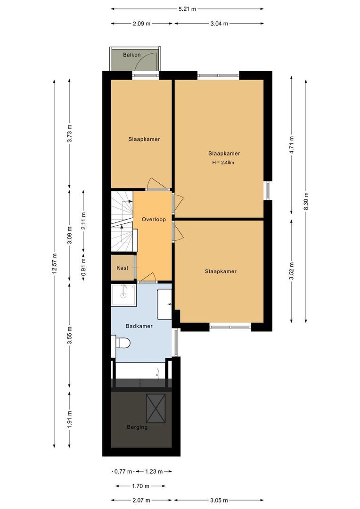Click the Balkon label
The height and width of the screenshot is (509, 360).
click(132, 55)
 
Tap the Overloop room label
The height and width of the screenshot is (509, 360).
click(154, 220)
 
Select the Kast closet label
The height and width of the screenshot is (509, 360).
click(123, 268)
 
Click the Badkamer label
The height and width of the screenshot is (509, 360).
click(139, 326)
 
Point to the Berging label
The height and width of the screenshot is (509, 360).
click(137, 427)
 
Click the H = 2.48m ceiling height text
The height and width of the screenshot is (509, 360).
click(223, 163)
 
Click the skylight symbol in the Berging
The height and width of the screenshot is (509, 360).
click(155, 408)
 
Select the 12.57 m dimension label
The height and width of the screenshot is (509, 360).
click(55, 264)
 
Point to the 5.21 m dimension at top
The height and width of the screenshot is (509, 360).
click(188, 8)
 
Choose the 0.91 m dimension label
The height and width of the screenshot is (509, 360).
click(83, 268)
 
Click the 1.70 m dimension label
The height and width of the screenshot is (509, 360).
click(140, 486)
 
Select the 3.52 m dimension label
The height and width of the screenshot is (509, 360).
click(292, 271)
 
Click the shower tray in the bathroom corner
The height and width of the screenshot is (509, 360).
click(123, 295)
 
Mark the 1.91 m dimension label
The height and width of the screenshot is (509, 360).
click(70, 419)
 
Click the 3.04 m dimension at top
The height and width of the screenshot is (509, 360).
click(219, 23)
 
